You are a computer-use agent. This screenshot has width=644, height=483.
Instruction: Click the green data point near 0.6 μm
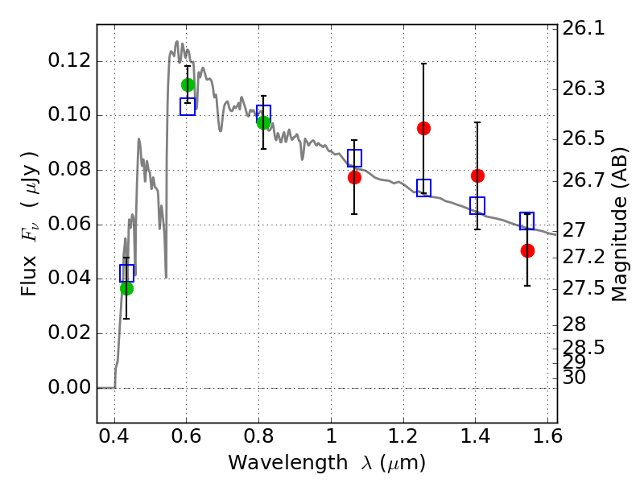188,85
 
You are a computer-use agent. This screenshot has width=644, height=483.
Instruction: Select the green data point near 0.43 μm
126,288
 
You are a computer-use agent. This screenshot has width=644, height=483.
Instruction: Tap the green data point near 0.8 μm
263,122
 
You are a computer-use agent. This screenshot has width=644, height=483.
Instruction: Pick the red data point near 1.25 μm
423,128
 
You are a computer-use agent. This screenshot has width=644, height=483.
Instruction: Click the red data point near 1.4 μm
477,175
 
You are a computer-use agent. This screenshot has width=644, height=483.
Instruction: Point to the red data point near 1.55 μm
527,250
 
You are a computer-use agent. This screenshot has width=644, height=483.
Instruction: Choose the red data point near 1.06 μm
354,177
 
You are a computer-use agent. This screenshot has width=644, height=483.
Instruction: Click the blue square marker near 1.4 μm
477,205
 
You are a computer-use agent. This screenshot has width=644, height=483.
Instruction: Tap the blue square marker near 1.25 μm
423,188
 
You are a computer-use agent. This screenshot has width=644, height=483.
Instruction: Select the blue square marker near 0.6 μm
188,107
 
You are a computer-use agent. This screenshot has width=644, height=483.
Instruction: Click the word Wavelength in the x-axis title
274,463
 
